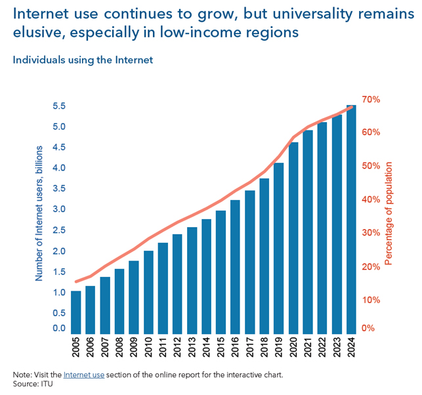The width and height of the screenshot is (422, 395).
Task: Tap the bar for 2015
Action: [221, 272]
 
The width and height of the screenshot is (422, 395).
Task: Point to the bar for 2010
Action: [148, 292]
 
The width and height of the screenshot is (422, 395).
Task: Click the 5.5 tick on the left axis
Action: [59, 106]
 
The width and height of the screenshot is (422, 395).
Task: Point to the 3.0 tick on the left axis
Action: [59, 209]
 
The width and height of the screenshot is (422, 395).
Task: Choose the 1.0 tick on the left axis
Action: [59, 292]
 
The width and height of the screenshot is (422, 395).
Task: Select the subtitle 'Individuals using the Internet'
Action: [83, 60]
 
